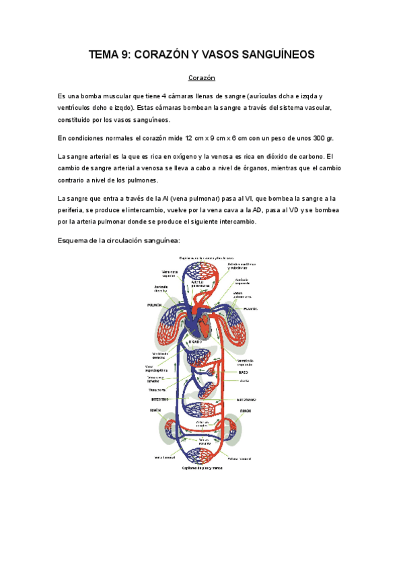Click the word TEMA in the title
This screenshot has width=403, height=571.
[104, 55]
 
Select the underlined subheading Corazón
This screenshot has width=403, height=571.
[201, 78]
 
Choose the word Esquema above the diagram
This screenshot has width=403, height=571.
[79, 240]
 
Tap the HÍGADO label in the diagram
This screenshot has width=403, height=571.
[196, 342]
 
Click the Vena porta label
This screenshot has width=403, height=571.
[157, 389]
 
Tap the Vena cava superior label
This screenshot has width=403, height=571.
[169, 273]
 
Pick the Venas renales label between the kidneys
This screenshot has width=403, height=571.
[205, 442]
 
